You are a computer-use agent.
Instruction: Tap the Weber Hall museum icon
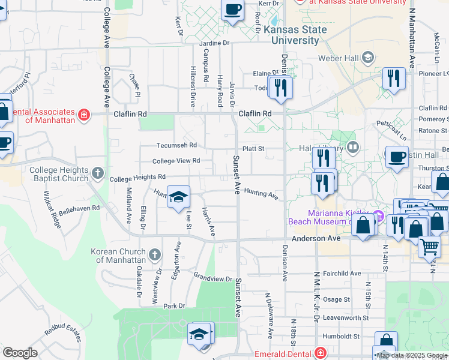tap(367, 58)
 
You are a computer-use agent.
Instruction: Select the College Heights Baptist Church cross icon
tap(98, 175)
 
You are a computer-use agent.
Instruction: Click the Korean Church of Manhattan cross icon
tap(154, 256)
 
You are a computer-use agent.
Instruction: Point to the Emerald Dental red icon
tap(321, 353)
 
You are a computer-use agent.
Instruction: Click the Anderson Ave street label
tap(316, 238)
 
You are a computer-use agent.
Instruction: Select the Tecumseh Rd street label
tap(176, 145)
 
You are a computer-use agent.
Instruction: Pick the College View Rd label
tap(176, 161)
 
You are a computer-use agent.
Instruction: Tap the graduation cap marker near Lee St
tap(178, 197)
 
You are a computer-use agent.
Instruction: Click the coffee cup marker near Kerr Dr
tap(233, 10)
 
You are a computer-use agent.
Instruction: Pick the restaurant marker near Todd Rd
tap(280, 88)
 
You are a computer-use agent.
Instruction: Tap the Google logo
tap(20, 353)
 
